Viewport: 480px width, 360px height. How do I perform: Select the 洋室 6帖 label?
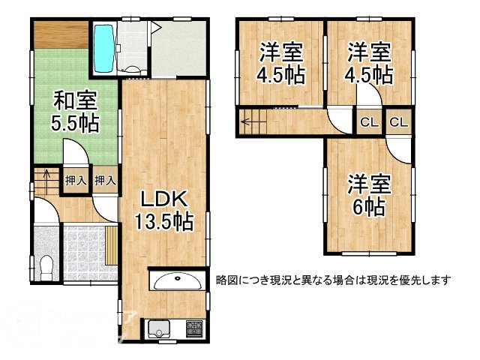pyautogui.click(x=368, y=194)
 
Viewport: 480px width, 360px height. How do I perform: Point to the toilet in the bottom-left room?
pyautogui.click(x=46, y=265)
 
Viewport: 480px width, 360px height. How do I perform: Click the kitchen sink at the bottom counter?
pyautogui.click(x=160, y=328)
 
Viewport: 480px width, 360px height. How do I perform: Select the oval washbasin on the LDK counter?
pyautogui.click(x=176, y=281)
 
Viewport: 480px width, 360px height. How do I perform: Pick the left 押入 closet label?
pyautogui.click(x=74, y=181)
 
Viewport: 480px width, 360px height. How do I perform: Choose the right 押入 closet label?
pyautogui.click(x=104, y=181)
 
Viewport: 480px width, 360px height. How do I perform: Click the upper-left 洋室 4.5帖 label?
pyautogui.click(x=281, y=63)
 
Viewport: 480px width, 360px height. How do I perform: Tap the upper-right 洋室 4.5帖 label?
pyautogui.click(x=368, y=63)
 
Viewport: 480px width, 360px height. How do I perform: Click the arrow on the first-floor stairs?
pyautogui.click(x=46, y=178)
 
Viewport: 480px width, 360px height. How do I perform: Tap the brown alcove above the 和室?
pyautogui.click(x=60, y=36)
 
